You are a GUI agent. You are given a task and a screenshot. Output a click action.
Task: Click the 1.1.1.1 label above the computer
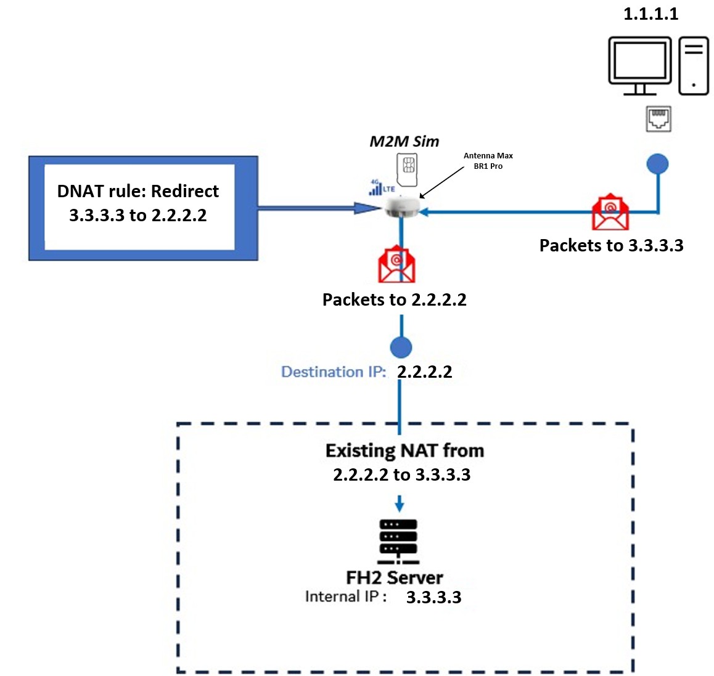(650, 14)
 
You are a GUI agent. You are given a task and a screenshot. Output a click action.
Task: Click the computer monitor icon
(639, 65)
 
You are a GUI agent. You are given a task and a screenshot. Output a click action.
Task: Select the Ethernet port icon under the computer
(659, 119)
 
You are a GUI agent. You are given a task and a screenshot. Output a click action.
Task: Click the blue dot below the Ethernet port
(657, 164)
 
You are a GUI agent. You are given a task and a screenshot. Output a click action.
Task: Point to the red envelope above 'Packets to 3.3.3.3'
(610, 213)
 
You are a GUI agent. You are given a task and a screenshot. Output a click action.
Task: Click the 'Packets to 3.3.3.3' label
(611, 245)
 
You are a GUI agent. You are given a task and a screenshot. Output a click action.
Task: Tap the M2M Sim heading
(404, 141)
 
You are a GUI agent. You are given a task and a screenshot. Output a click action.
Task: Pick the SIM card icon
(408, 168)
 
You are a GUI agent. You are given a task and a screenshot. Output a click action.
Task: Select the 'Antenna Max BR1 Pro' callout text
(488, 161)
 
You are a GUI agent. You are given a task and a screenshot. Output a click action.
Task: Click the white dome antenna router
(401, 207)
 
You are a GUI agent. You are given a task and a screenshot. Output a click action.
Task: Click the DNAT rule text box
(138, 204)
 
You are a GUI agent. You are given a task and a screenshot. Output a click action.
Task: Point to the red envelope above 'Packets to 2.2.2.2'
(396, 264)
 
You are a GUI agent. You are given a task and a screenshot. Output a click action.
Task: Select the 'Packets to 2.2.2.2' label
(394, 299)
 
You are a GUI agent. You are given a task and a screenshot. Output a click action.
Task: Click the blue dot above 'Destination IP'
(401, 347)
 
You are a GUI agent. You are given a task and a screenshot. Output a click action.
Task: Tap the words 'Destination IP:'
(334, 372)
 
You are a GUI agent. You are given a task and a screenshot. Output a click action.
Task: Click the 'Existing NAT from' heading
(404, 450)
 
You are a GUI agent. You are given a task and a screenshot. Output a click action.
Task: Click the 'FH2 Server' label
(395, 577)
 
